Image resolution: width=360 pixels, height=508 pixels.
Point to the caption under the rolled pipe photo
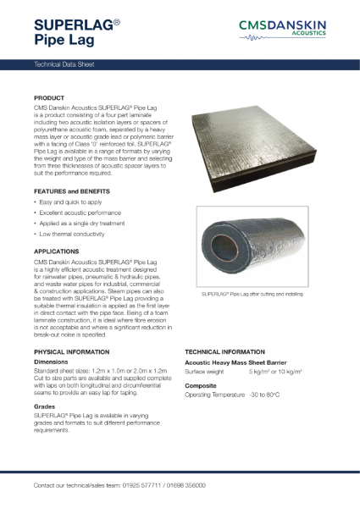point(254,296)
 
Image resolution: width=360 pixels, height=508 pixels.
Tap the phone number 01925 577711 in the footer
point(138,486)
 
